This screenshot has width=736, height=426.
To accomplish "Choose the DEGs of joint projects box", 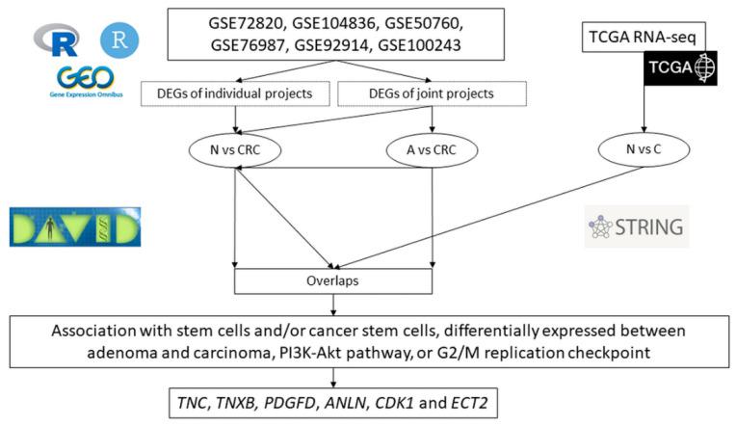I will point(432,93).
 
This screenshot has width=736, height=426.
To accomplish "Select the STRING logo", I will point(638,227).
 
